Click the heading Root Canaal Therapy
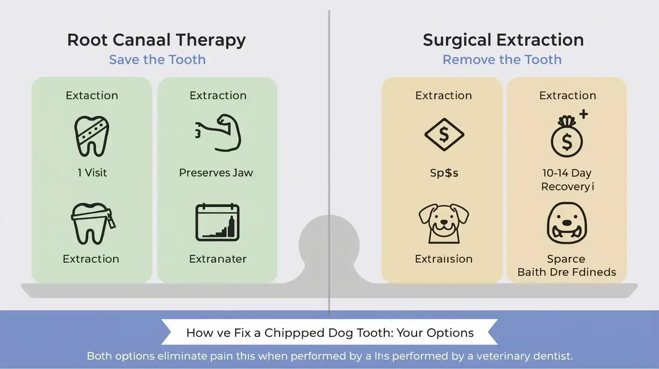pos(157,40)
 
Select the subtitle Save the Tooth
pos(157,60)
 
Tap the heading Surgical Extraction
pos(503,40)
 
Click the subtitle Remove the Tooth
pos(502,60)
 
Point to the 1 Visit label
pos(92,173)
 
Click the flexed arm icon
pos(219,133)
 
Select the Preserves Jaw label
pos(216,173)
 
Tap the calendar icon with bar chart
pos(217,223)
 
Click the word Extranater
pos(217,259)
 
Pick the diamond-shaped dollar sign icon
pos(444,134)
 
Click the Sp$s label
pos(444,173)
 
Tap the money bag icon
pos(567,138)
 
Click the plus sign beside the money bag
pos(583,114)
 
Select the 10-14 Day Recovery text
pos(567,180)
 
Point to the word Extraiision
pos(444,259)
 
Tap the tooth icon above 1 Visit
pos(92,136)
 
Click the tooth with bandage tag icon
pos(92,224)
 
